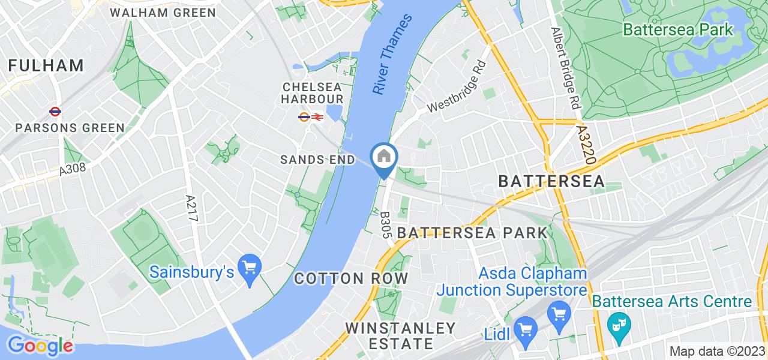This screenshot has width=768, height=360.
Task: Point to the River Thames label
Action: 393,54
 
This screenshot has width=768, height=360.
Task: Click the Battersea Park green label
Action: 678,29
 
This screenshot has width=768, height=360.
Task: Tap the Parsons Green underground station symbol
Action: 55,112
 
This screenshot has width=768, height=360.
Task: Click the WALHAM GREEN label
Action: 163,12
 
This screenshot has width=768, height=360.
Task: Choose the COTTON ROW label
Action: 351,278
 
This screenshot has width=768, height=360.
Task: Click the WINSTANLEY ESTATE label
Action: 401,336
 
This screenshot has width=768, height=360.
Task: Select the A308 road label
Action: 73,170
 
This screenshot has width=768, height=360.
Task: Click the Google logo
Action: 40,346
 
